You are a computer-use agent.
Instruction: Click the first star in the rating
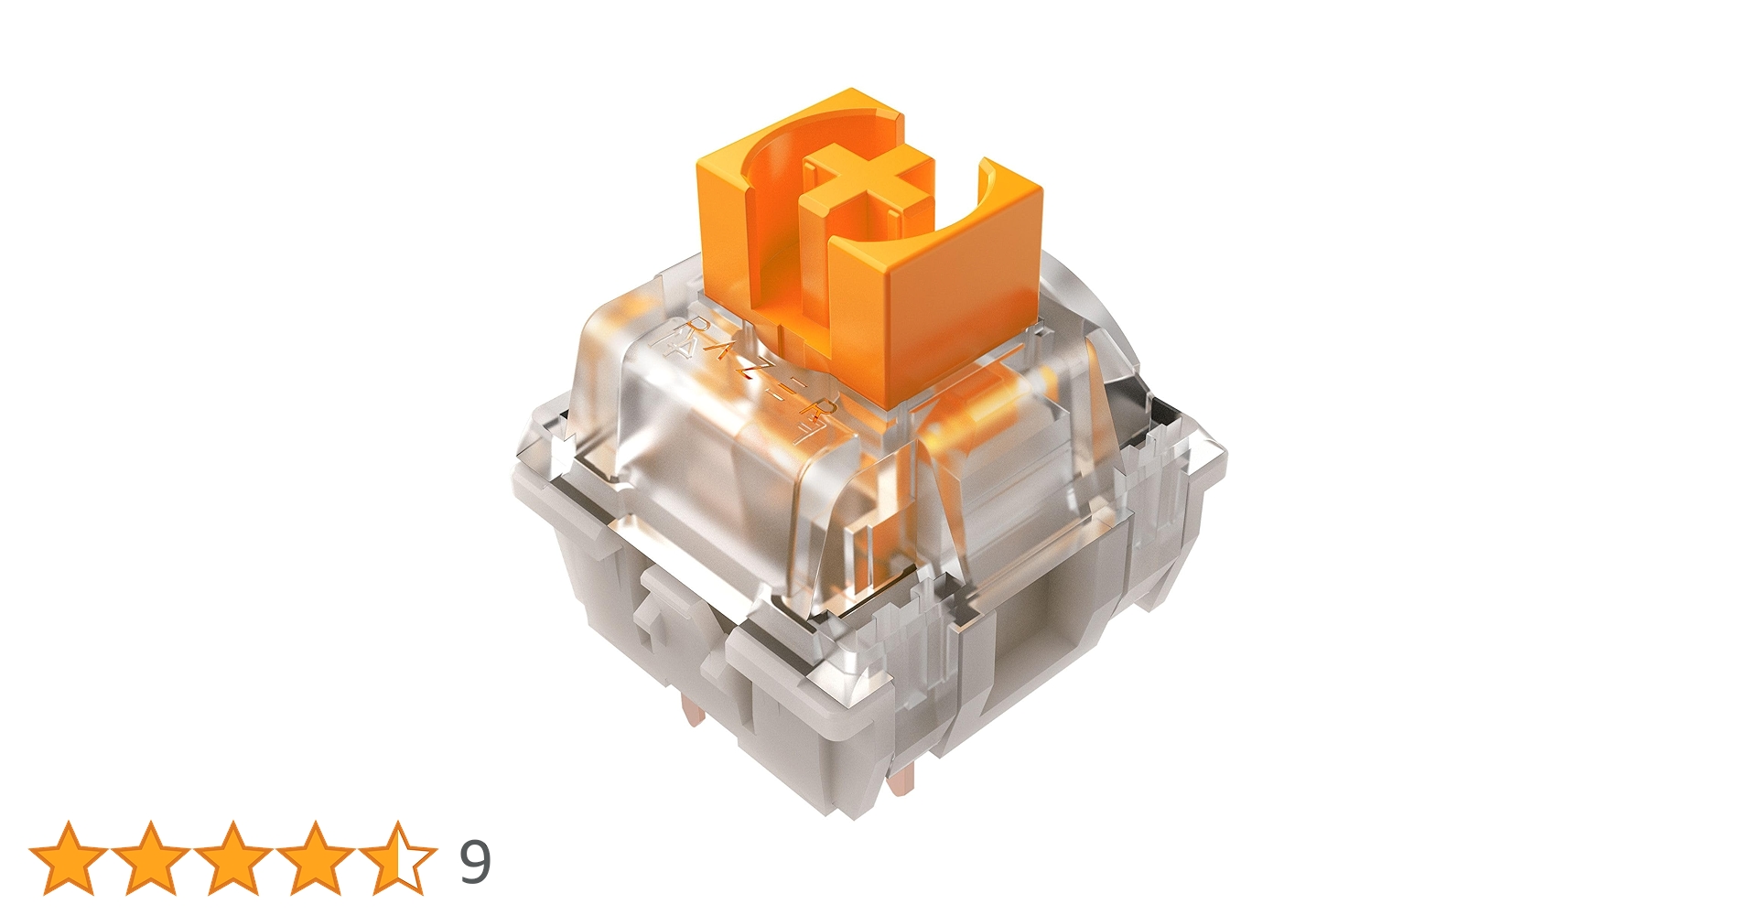coord(69,858)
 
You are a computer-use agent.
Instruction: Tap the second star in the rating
coord(151,858)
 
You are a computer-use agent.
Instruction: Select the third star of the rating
coord(233,858)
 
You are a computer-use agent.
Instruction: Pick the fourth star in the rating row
coord(316,858)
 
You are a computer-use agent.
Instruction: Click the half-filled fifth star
coord(398,858)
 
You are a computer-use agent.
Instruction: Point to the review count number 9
coord(474,861)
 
